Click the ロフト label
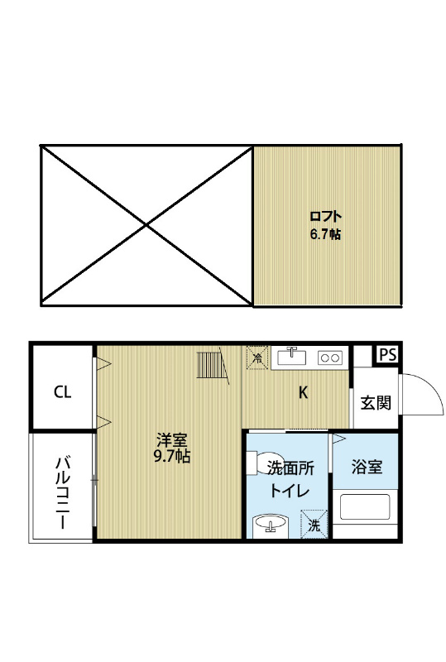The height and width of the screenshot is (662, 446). pos(325,219)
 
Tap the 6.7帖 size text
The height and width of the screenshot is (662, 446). pos(325,234)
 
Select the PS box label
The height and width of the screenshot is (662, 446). pos(386,355)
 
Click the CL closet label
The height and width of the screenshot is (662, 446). pos(62,392)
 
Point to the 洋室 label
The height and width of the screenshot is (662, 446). pos(172,439)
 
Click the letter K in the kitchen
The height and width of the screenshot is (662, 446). pos(304,393)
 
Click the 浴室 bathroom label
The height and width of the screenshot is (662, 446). pos(367,468)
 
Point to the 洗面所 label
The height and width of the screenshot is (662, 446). pos(290,468)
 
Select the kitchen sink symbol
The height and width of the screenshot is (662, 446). pos(291,357)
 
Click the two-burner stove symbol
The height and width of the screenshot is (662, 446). pos(330,357)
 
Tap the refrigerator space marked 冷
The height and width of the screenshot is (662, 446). pos(257,357)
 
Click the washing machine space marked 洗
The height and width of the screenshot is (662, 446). pos(314,524)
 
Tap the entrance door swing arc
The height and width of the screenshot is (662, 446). pos(422,396)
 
